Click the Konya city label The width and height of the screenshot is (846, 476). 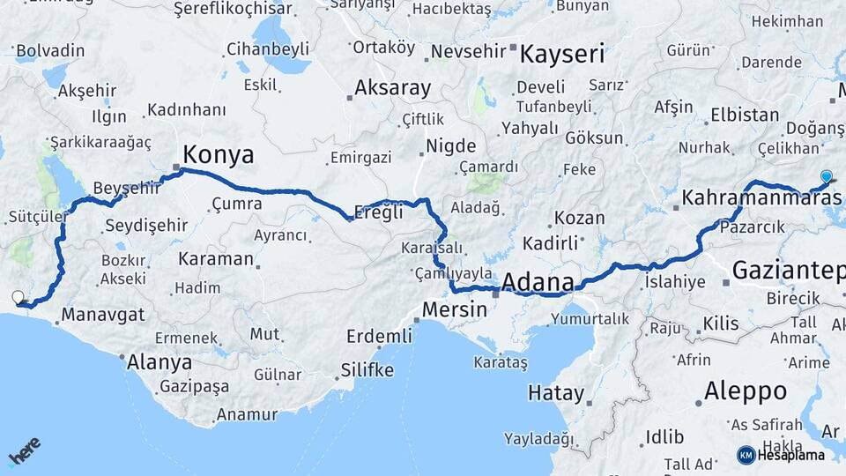coord(218,156)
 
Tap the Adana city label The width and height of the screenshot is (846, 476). coord(538,283)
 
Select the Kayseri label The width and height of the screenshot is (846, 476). coord(562,55)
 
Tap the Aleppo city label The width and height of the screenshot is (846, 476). coord(745,390)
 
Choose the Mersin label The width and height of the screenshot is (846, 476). coord(454,309)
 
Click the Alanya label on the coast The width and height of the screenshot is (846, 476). coord(160,361)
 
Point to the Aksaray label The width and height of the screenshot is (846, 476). coord(393,88)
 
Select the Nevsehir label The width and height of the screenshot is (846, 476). coord(469,51)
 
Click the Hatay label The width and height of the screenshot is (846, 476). coord(555,392)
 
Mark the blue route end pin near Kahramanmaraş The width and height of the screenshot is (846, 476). coord(825,175)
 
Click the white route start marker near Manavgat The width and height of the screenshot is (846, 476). coord(18,297)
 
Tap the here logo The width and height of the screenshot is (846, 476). coord(25,450)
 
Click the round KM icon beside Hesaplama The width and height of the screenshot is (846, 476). coord(746,455)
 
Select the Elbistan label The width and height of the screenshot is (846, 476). coord(745,115)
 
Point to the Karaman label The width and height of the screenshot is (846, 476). coord(216,260)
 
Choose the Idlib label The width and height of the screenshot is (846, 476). coord(664,436)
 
